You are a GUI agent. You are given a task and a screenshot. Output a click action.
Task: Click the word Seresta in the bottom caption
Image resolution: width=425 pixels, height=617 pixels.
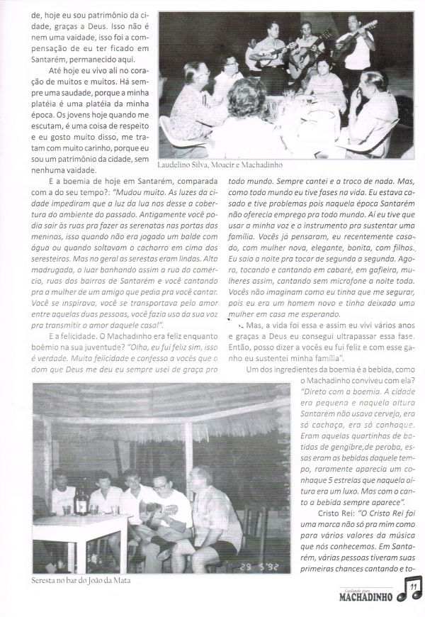pos(47,581)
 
